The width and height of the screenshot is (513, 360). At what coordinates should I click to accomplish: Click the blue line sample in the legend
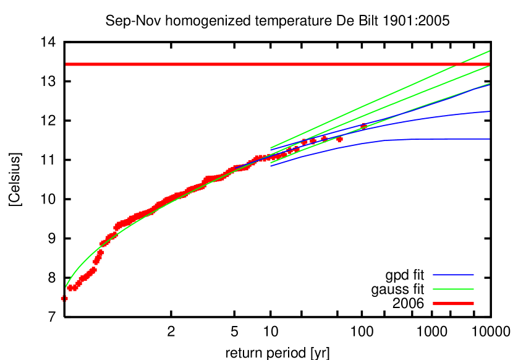(x=453, y=275)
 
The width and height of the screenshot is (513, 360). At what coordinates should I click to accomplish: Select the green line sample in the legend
(x=453, y=289)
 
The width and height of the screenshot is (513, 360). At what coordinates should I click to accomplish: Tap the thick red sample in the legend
(x=453, y=304)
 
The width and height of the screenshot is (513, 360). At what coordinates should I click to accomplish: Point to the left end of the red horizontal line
(x=66, y=64)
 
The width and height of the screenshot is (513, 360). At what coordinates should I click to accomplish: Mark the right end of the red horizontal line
(x=489, y=64)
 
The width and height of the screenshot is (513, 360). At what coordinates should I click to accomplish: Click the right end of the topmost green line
(x=489, y=51)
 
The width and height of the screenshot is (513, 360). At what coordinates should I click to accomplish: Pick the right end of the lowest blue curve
(x=489, y=139)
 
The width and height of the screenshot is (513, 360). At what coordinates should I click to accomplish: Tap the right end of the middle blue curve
(x=489, y=112)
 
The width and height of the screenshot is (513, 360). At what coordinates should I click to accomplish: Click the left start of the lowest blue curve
(x=271, y=166)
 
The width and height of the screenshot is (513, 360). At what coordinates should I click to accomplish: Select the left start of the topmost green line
(x=271, y=148)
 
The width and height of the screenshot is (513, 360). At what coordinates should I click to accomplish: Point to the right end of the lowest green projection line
(x=489, y=84)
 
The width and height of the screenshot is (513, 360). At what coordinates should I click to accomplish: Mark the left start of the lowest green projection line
(x=271, y=163)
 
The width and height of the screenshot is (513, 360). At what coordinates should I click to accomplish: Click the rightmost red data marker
(x=363, y=126)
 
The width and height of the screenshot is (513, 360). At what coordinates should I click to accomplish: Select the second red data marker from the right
(x=339, y=139)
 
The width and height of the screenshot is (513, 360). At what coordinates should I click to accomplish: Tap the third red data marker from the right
(x=324, y=138)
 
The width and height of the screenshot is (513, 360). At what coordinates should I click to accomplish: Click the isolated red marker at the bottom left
(x=64, y=298)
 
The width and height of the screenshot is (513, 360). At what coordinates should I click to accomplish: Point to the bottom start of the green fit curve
(x=66, y=287)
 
